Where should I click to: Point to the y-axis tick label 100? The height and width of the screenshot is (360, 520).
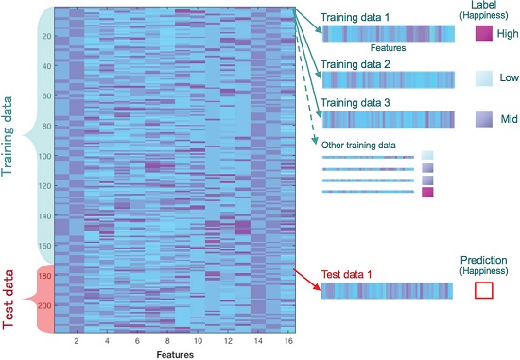44,156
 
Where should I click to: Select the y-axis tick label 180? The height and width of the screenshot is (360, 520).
44,275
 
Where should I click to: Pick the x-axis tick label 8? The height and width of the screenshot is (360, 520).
168,339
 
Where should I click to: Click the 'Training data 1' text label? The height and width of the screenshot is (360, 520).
359,18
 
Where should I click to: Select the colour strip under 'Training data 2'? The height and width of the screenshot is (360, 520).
388,78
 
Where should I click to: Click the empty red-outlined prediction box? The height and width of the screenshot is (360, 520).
483,290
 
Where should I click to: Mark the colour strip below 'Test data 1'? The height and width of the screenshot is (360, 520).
388,290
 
